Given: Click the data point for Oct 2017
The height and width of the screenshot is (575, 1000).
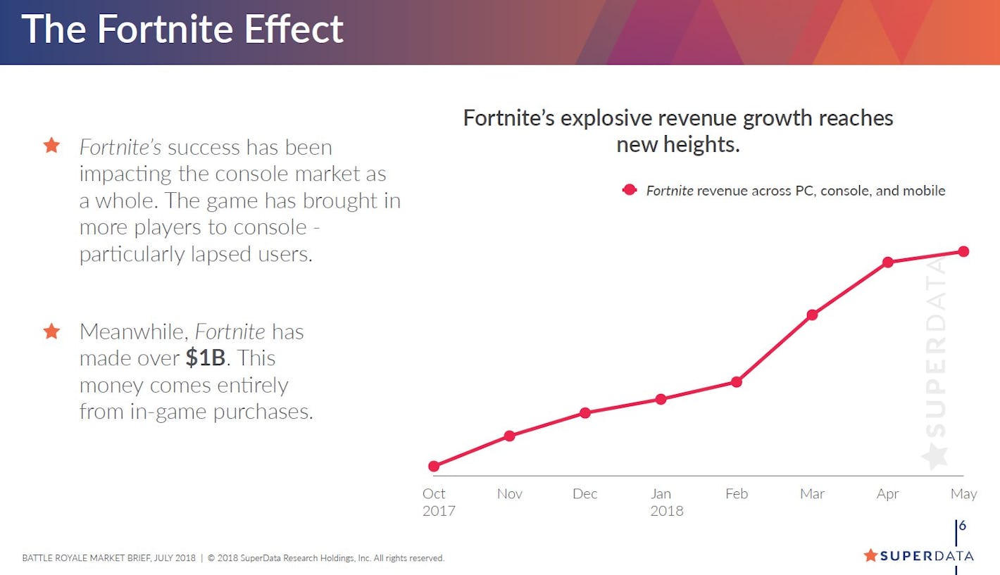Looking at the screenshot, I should point(434,466).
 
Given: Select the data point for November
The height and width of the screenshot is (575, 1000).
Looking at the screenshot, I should point(510,436).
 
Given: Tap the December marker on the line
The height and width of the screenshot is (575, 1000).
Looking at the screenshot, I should point(585,412).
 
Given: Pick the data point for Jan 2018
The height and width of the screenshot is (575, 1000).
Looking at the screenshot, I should point(661,399).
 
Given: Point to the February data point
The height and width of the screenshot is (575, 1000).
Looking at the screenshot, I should point(737,382).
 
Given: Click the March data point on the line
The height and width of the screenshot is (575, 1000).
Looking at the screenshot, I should point(812,315).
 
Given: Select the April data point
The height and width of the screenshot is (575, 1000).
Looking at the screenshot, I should point(888,263).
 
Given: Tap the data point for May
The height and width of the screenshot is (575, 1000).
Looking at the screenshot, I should point(963,251).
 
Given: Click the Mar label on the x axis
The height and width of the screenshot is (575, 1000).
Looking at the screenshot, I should point(812,494).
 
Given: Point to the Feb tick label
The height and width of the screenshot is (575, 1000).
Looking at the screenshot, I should point(737,494).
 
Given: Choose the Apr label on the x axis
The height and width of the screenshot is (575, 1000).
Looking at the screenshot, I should point(888,494).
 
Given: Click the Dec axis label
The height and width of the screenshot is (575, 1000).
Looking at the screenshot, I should point(585,494).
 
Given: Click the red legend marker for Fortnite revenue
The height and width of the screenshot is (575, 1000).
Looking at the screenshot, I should point(630,190).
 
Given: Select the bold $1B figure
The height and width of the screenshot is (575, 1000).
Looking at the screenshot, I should point(205,358).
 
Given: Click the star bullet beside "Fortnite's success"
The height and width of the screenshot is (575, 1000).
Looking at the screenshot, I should point(51,146).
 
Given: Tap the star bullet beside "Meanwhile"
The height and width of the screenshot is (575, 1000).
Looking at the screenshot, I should point(51,331).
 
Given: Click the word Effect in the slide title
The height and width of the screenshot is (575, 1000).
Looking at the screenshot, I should point(293,30).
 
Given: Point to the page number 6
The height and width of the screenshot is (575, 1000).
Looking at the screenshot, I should point(962,526).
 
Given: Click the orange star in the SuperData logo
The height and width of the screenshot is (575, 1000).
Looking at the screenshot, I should point(870,555).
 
